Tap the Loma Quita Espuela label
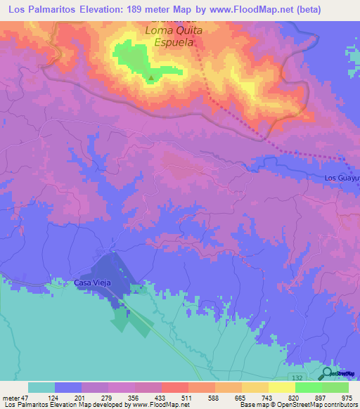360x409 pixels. [174, 36]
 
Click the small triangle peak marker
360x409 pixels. [150, 77]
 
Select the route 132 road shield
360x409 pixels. [297, 378]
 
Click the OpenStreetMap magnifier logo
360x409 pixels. [328, 374]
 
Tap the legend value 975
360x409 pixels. [347, 398]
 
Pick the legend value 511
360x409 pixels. [186, 398]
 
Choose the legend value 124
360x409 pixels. [53, 398]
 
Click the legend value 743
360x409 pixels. [266, 398]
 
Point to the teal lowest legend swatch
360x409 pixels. [41, 387]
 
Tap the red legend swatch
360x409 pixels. [174, 387]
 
